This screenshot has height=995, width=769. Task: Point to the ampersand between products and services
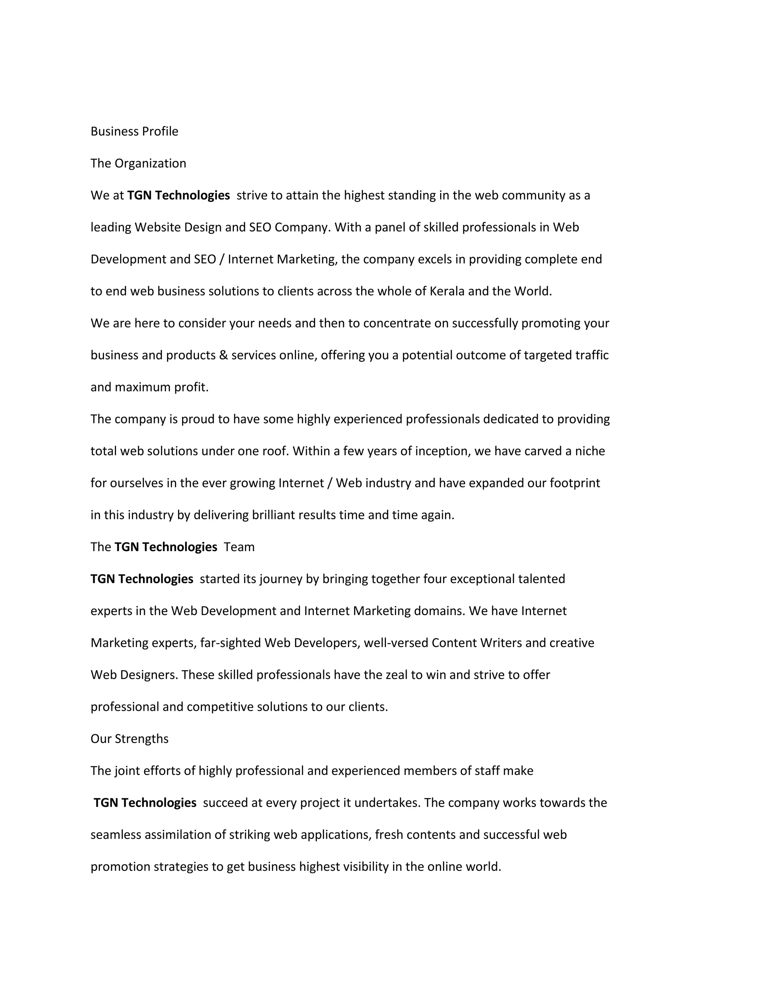point(223,355)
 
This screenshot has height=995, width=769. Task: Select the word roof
point(275,451)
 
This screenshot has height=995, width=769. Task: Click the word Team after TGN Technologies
point(239,547)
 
